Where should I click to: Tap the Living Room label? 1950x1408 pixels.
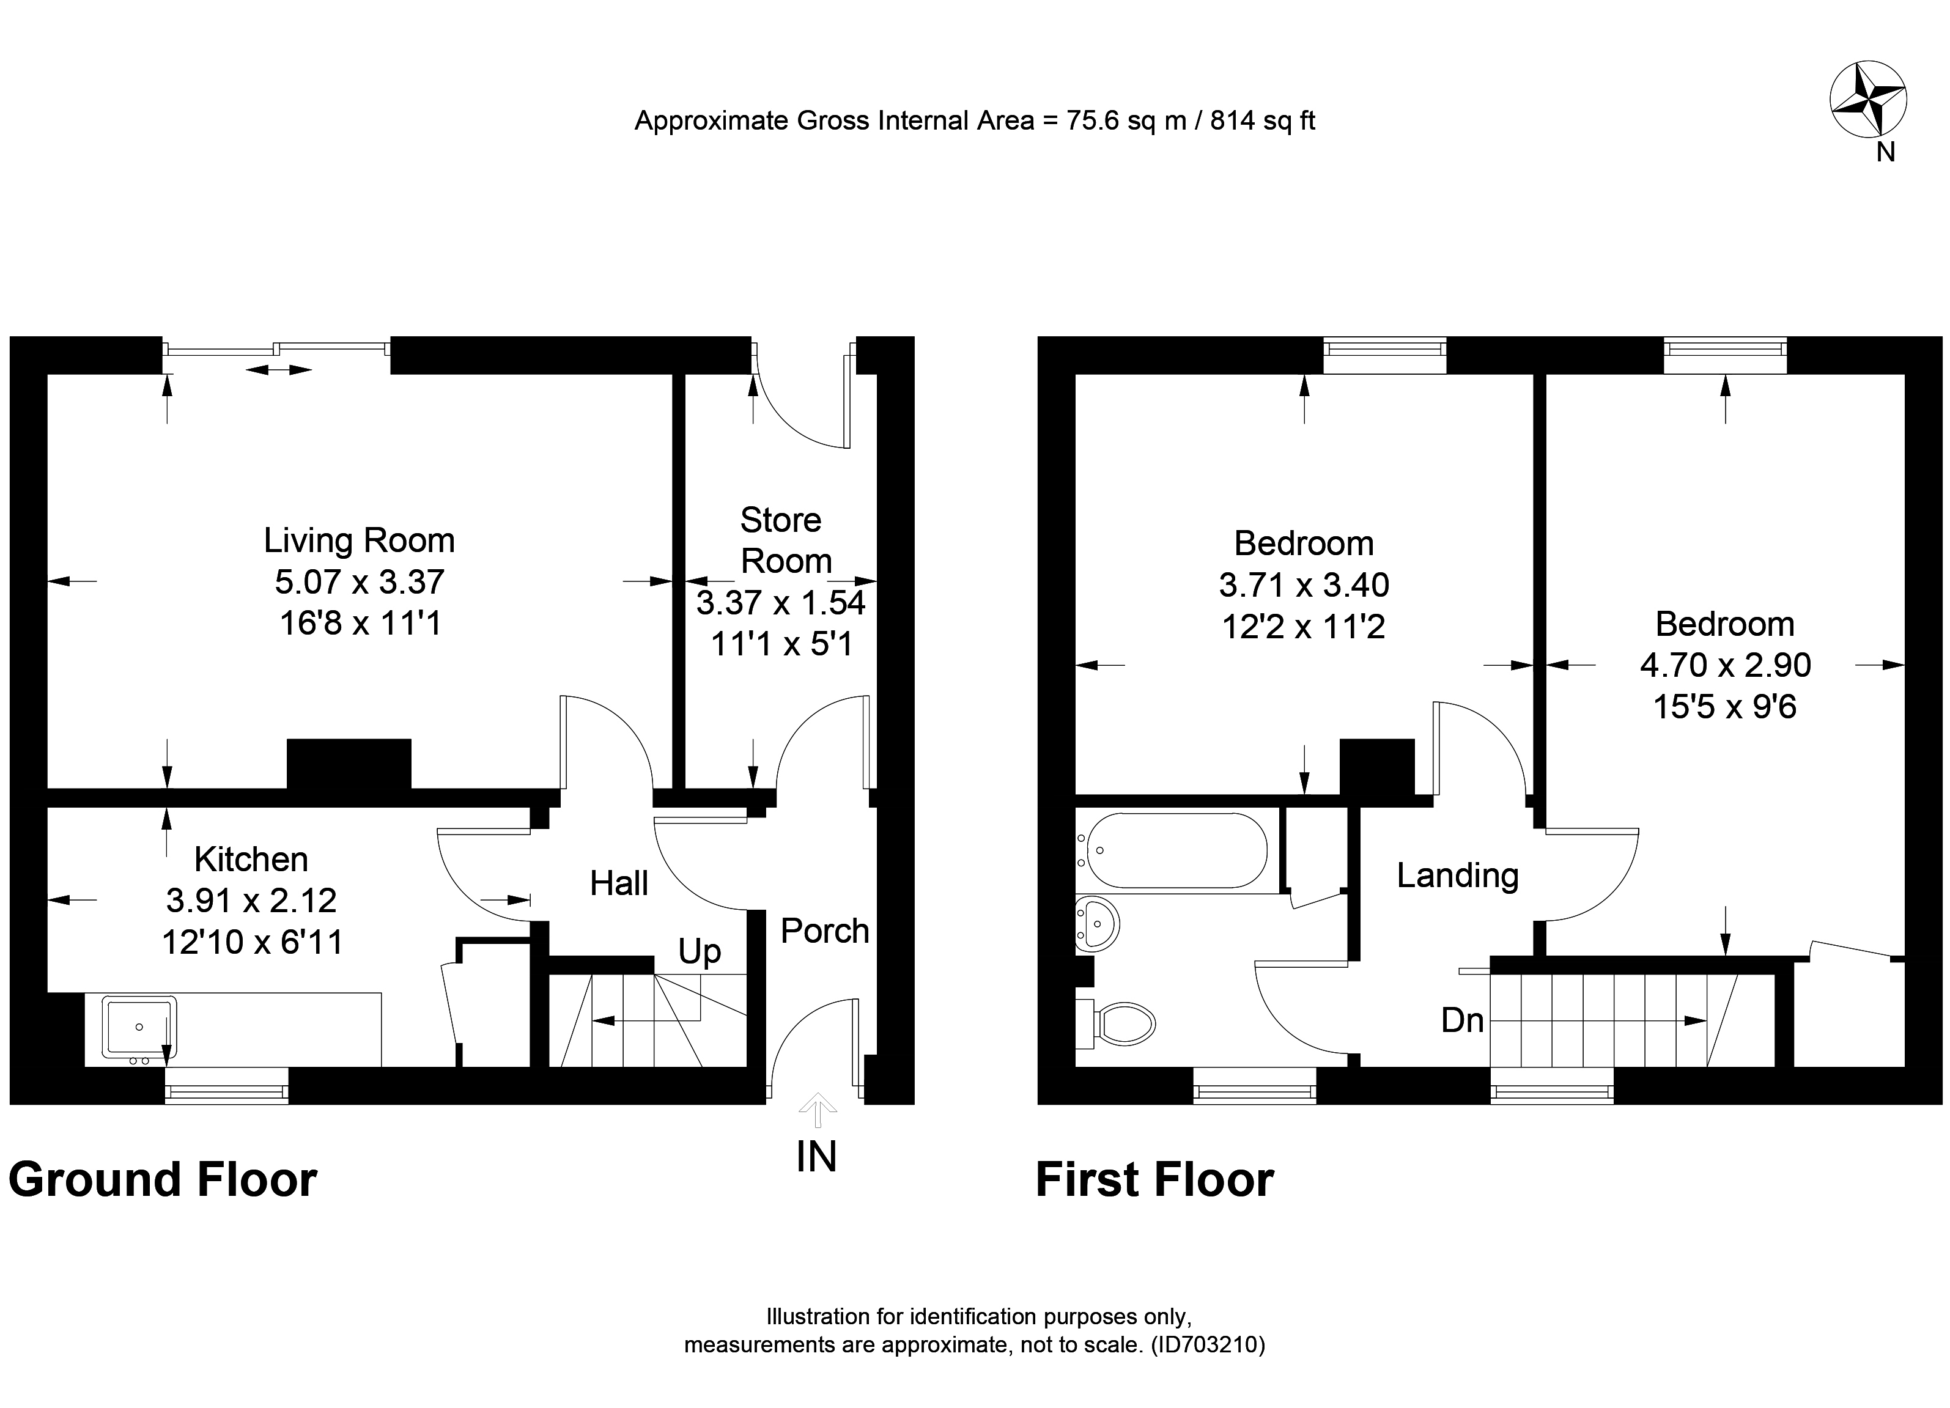coord(360,540)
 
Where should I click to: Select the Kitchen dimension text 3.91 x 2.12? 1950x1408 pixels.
coord(251,901)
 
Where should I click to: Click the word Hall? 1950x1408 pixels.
coord(619,883)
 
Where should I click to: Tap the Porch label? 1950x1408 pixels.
coord(824,931)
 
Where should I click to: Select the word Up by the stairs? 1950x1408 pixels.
coord(699,951)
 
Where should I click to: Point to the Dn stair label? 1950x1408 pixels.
coord(1463,1020)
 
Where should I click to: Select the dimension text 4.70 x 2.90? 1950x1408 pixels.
coord(1725,665)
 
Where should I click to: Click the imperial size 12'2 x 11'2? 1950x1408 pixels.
coord(1304,627)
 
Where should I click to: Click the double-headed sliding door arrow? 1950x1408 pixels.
coord(279,370)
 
